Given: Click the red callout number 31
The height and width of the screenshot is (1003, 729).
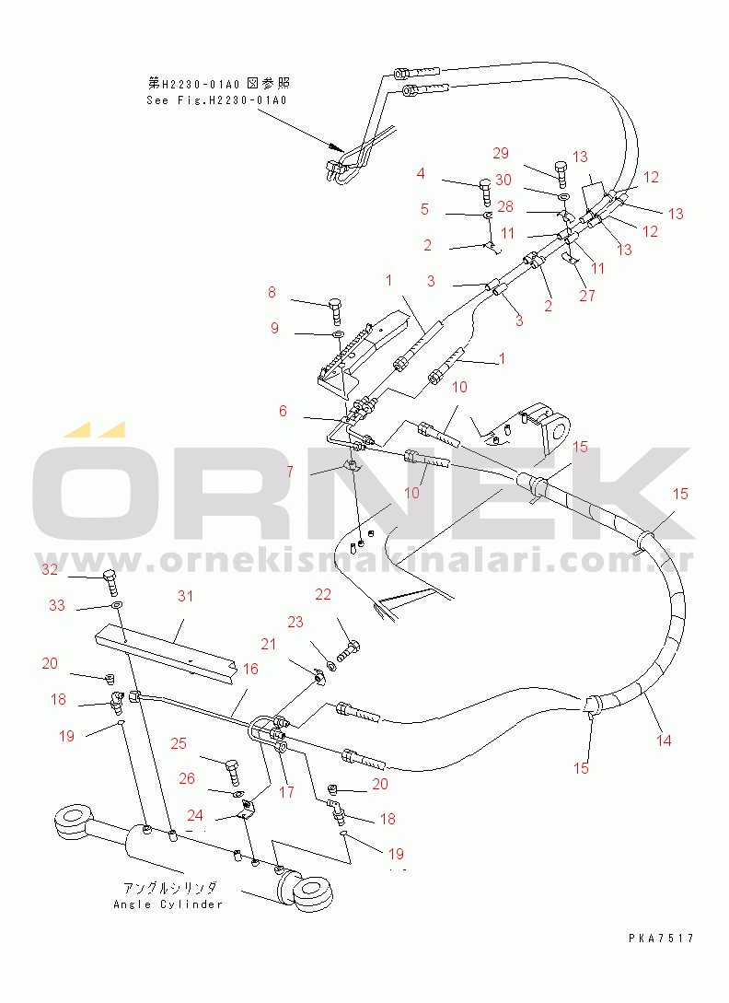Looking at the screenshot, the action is tap(185, 596).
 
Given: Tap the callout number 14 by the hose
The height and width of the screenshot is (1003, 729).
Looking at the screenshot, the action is tap(664, 741).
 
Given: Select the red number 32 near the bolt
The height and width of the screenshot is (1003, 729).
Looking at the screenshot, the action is tap(50, 569).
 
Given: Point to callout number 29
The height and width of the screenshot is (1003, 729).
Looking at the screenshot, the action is tap(501, 153).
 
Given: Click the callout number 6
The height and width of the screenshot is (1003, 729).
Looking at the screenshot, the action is tap(283, 411).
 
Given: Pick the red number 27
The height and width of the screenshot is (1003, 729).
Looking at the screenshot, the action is tap(587, 295).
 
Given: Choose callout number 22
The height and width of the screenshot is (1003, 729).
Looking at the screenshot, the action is tap(323, 594).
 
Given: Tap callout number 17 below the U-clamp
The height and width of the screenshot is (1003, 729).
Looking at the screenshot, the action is tap(286, 791).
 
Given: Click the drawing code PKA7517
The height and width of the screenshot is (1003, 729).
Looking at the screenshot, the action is tap(661, 939).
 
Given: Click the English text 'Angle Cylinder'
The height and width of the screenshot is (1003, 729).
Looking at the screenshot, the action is tap(168, 904).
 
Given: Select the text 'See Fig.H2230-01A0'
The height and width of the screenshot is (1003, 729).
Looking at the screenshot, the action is tap(217, 99).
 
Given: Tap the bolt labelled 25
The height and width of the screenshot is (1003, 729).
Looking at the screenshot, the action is tap(233, 771).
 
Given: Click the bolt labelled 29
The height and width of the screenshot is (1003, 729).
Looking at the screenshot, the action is tap(561, 173).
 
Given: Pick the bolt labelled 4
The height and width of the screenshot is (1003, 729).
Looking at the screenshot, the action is tap(485, 191).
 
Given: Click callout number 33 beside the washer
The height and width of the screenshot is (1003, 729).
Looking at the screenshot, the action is tap(57, 605).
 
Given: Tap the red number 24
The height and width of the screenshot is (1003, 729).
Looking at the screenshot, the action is tap(195, 815).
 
